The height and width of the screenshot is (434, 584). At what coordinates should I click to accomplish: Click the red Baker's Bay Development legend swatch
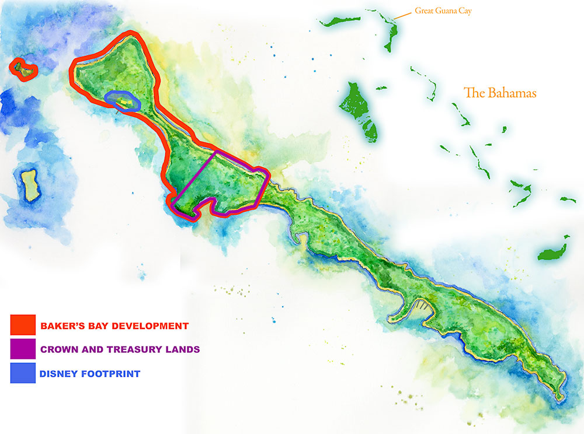[23, 325]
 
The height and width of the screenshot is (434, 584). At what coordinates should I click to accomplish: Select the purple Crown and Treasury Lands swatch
[23, 349]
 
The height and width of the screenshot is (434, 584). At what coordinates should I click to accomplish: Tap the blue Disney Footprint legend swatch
[23, 373]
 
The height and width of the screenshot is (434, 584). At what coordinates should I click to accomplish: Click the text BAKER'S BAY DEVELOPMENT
[114, 325]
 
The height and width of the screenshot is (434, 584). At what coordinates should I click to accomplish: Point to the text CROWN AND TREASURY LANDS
[120, 349]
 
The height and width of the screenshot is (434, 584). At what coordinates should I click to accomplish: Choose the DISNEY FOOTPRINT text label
[90, 374]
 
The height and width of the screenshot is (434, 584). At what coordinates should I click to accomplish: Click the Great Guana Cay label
[443, 10]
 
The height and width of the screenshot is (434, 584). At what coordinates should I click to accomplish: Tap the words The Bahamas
[499, 93]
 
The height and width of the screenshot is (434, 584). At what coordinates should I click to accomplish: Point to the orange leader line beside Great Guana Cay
[402, 15]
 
